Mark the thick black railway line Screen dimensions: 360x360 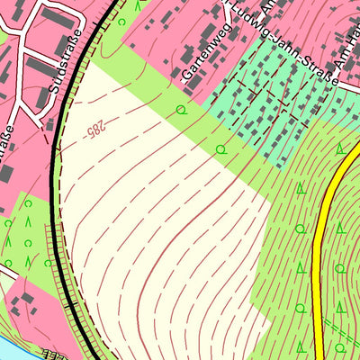59,180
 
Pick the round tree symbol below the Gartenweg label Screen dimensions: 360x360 181,110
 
